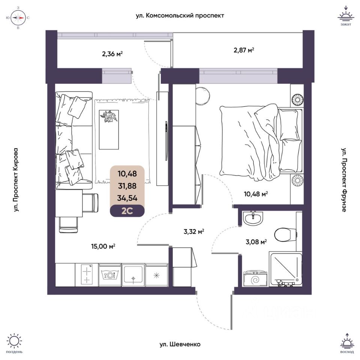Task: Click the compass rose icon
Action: tap(18, 18)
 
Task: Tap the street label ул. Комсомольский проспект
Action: tap(180, 16)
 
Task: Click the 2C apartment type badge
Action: tap(127, 211)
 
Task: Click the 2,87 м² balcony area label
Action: tap(244, 49)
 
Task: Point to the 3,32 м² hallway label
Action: tap(193, 231)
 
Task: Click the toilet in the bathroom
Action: tap(283, 234)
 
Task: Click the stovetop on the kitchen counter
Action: tap(87, 274)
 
